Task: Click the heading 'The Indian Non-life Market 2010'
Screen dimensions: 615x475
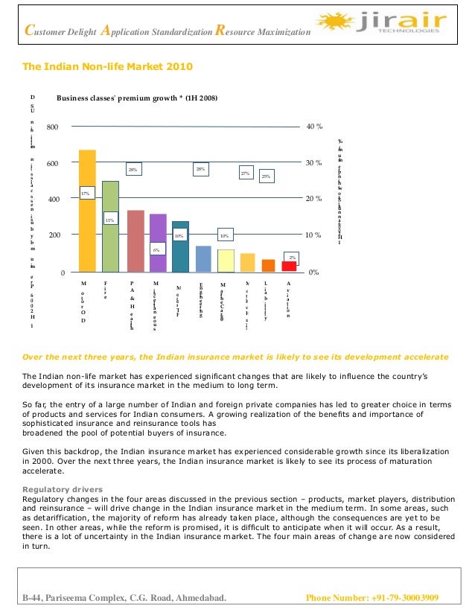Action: click(x=108, y=67)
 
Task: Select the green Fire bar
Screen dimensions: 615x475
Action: click(x=110, y=226)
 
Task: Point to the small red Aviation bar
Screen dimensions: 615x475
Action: click(x=290, y=266)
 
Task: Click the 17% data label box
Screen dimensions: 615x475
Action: click(x=85, y=194)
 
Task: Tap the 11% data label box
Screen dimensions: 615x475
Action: click(x=109, y=220)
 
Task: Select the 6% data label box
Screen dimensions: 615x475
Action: click(x=156, y=250)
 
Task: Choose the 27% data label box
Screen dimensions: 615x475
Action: click(x=245, y=173)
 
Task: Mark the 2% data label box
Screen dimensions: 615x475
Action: click(x=293, y=258)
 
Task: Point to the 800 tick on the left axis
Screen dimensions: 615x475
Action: click(x=52, y=128)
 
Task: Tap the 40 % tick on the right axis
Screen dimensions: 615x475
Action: click(x=313, y=128)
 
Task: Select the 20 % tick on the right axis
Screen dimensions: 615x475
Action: click(x=313, y=200)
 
